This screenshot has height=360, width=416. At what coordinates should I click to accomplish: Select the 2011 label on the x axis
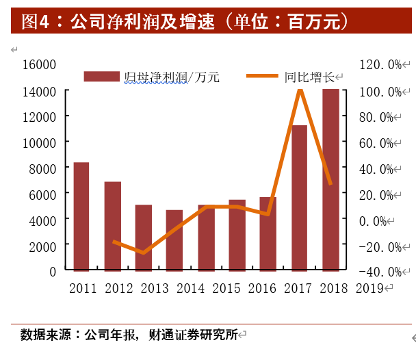coord(83,288)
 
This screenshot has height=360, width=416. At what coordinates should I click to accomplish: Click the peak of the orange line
coord(300,89)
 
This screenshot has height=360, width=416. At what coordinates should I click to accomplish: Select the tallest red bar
coord(330,179)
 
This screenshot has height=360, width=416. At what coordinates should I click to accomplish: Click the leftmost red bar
coord(81,216)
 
